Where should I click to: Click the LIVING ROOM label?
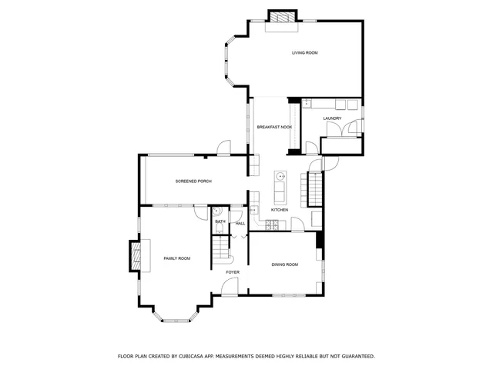[304, 53]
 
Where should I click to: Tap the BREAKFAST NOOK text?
[273, 125]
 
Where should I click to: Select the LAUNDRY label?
[332, 118]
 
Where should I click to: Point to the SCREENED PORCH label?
[193, 181]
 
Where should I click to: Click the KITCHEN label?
[280, 210]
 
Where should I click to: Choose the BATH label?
[220, 223]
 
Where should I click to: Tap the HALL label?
[240, 223]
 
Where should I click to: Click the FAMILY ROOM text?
[176, 258]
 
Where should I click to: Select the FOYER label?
[233, 272]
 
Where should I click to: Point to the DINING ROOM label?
[284, 264]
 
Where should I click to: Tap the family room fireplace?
[136, 255]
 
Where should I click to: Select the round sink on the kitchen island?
[281, 176]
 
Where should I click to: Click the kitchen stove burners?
[271, 225]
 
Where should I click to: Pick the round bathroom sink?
[218, 211]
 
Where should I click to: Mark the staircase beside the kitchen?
[314, 189]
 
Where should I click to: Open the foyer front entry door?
[230, 288]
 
